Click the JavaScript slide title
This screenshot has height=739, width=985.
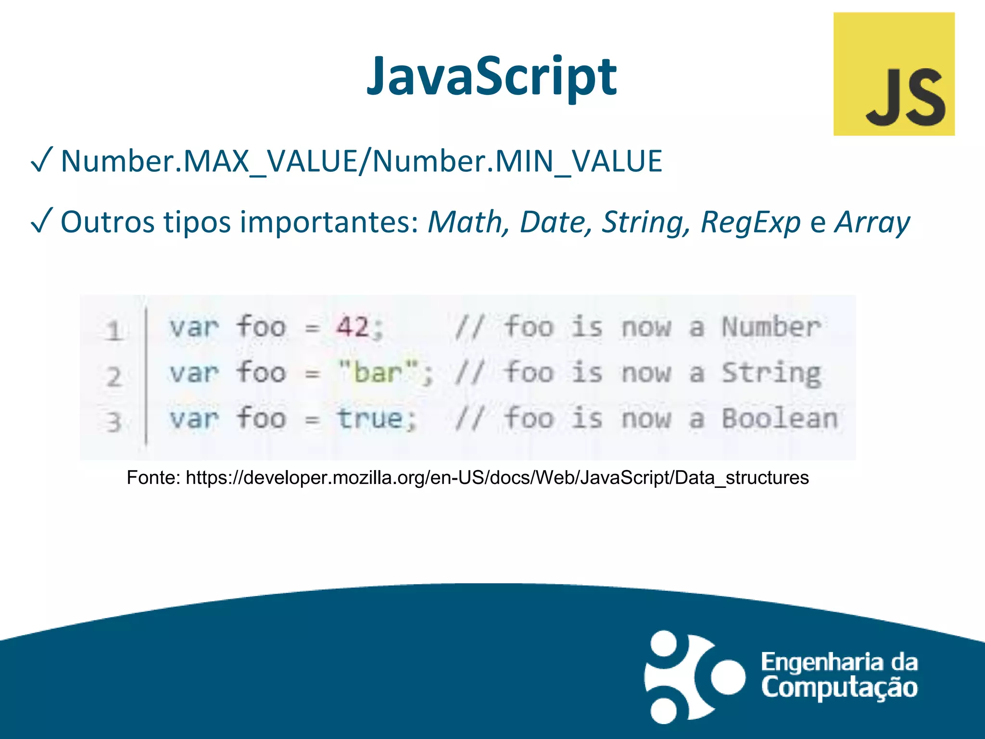491,77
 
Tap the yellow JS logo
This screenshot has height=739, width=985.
894,74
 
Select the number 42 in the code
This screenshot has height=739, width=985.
353,327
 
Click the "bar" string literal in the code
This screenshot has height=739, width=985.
378,372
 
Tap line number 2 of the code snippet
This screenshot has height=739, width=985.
114,376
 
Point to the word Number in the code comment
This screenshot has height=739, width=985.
771,327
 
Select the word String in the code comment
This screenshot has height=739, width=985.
771,373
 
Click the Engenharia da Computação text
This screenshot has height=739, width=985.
839,675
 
